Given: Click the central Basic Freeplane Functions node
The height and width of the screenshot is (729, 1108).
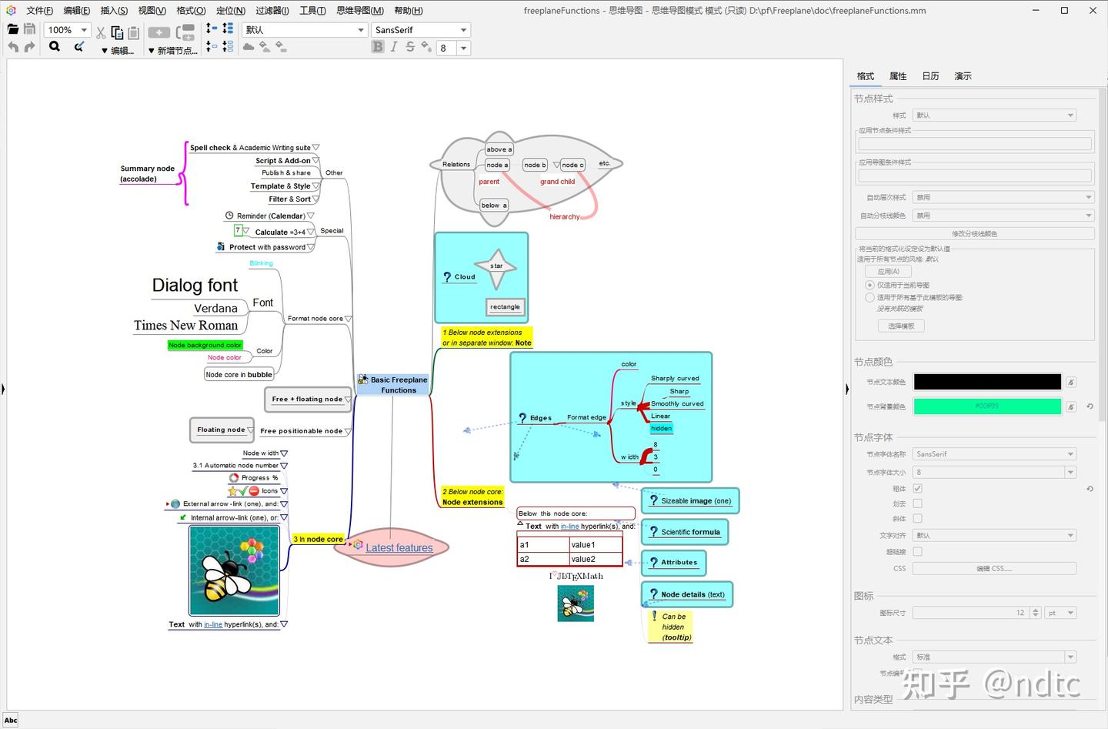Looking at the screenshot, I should [x=398, y=385].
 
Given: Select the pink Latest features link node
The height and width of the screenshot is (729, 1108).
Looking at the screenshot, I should [x=399, y=548].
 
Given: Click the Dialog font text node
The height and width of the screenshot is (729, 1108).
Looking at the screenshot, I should [x=195, y=286].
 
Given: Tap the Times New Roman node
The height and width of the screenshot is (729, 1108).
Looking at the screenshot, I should [x=185, y=326].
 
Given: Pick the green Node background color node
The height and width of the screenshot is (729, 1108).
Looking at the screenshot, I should [x=205, y=345].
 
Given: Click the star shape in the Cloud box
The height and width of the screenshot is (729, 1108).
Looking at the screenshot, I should [x=496, y=266].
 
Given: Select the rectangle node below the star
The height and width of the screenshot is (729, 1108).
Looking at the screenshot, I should [x=505, y=307].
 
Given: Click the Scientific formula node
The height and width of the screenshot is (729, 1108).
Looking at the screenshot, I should [x=685, y=532].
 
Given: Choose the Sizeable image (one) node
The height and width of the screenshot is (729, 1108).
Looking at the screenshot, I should [x=690, y=501].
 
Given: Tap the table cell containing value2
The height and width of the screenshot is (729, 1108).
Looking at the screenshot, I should [x=595, y=559].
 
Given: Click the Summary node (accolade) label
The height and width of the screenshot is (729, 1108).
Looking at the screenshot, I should [x=147, y=174].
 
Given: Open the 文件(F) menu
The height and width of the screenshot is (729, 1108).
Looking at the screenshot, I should [x=39, y=11].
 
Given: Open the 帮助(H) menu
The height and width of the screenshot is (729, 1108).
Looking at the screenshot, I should [x=408, y=11].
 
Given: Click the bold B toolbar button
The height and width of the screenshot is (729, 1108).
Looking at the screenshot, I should [x=378, y=47].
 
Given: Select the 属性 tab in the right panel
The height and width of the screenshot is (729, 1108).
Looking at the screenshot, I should [x=898, y=76].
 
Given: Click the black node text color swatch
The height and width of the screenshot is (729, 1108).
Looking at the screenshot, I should [x=987, y=382].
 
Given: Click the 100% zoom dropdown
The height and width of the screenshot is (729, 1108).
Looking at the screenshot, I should [x=68, y=30].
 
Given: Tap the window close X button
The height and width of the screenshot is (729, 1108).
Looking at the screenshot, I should [x=1093, y=11].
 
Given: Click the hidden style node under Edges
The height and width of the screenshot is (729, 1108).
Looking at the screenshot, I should [x=661, y=428].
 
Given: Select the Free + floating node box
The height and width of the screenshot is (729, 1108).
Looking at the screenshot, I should [x=307, y=399].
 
